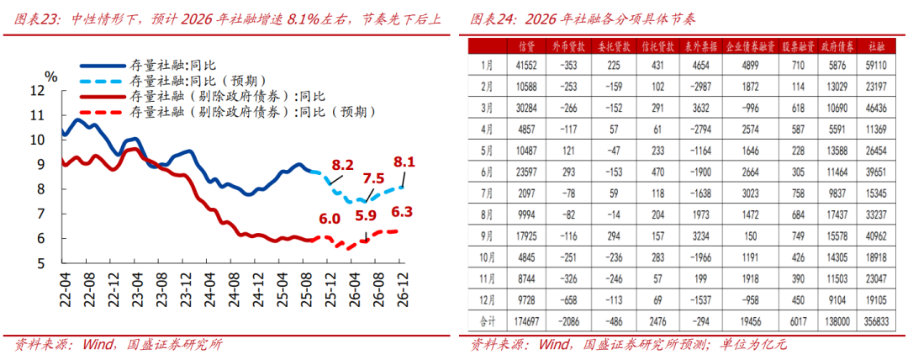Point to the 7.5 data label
(374, 178)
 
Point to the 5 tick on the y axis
(40, 263)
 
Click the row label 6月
(486, 172)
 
